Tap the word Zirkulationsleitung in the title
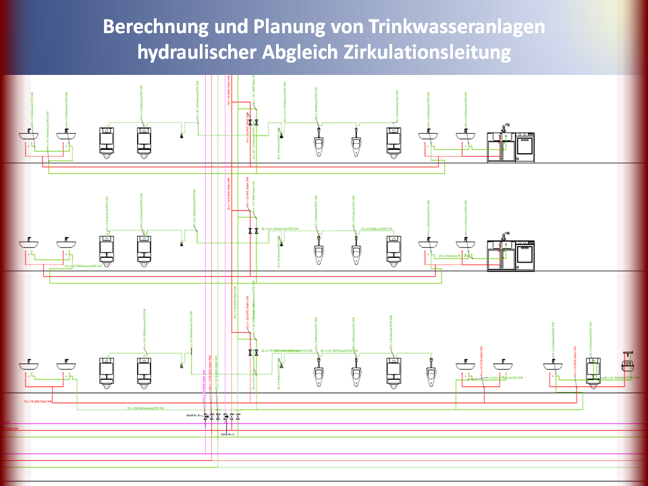pyautogui.click(x=426, y=52)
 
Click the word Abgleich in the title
pyautogui.click(x=298, y=52)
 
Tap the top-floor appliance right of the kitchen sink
pyautogui.click(x=526, y=147)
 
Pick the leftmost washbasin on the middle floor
pyautogui.click(x=28, y=242)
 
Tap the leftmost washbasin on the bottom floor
pyautogui.click(x=28, y=365)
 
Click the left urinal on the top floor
pyautogui.click(x=319, y=144)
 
